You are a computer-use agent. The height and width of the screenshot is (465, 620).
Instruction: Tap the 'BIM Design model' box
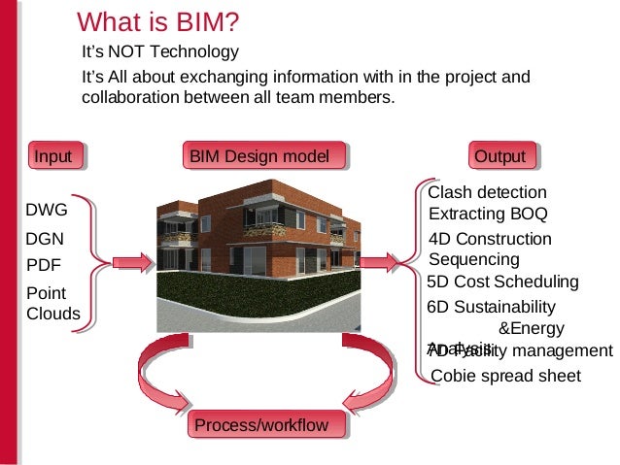(265, 156)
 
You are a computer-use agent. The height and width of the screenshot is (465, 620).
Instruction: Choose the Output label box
(500, 156)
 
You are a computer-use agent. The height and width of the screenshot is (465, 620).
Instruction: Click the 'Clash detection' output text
(487, 192)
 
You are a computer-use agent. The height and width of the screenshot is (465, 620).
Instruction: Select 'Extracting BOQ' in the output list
(488, 213)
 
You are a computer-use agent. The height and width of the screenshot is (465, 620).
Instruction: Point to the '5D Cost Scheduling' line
(502, 282)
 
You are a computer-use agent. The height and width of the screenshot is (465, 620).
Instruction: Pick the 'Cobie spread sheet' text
(504, 376)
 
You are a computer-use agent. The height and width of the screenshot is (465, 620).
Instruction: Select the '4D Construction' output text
(490, 240)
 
